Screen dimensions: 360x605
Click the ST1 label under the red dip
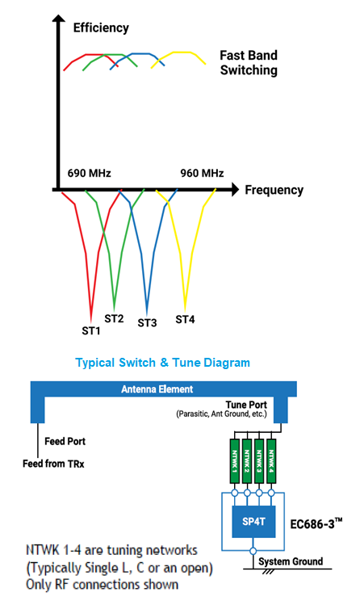coord(91,330)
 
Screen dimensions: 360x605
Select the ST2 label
coord(114,319)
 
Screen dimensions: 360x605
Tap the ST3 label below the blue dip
coord(147,322)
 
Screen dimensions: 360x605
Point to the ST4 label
coord(185,320)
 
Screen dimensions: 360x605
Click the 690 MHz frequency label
coord(89,173)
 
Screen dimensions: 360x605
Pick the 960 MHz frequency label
coord(202,173)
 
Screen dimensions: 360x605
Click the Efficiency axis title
coord(101,27)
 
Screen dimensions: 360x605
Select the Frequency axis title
coord(274,190)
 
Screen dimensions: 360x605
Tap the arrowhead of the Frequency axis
coord(235,190)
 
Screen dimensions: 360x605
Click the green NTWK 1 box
coord(234,460)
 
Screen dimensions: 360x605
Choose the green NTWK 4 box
coord(271,460)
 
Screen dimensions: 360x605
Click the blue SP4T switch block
coord(253,522)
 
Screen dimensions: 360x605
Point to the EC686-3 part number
coord(316,523)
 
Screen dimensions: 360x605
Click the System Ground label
coord(291,561)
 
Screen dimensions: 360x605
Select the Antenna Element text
coord(157,389)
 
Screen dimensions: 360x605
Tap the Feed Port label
coord(65,441)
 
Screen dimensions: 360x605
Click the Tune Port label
coord(246,405)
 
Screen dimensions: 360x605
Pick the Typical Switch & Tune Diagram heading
coord(163,363)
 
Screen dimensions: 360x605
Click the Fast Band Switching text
coord(249,62)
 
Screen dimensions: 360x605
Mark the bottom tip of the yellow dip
coord(185,311)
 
